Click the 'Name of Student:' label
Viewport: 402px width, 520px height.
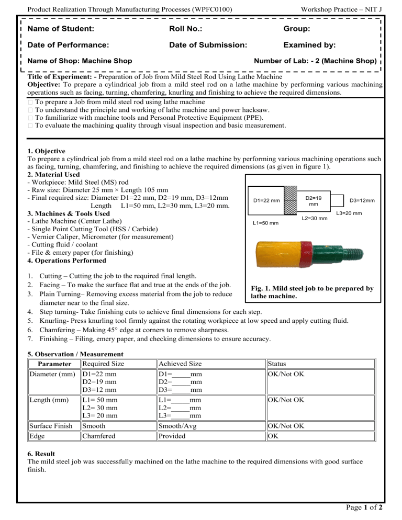click(61, 29)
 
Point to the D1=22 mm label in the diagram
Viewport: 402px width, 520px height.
click(266, 200)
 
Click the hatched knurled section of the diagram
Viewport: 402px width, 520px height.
click(291, 200)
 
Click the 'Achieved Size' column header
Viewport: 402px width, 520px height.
click(180, 364)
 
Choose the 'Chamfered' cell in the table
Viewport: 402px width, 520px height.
click(99, 436)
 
